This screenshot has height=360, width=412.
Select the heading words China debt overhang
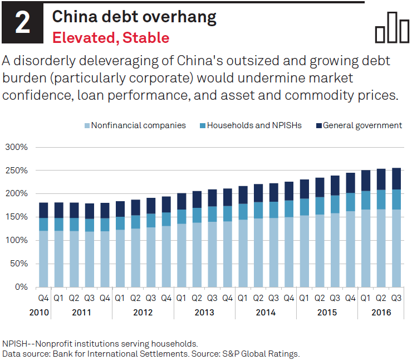coord(134,17)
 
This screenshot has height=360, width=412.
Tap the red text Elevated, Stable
coord(110,38)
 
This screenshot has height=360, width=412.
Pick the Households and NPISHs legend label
coord(254,125)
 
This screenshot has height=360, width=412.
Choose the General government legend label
coord(362,125)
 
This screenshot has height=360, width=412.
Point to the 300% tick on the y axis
coord(17,148)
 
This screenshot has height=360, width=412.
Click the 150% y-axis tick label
coord(17,217)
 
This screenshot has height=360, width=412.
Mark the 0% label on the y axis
coord(21,287)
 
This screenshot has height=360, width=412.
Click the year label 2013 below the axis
coord(204,313)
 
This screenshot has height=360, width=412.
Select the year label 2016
coord(381,313)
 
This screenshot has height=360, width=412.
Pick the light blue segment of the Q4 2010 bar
coord(43,259)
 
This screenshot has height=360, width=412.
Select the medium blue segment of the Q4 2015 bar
coord(351,202)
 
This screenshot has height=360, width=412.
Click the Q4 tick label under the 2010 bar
coord(43,298)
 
